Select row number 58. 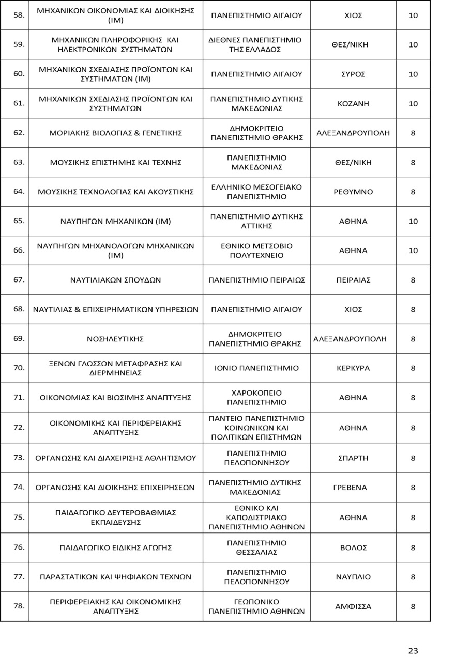(x=19, y=15)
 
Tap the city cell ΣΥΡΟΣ (x=353, y=74)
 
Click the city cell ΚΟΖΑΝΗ (x=353, y=104)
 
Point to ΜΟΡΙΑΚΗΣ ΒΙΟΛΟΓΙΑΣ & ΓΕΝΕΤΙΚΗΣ (x=115, y=133)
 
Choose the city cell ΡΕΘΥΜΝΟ (x=353, y=192)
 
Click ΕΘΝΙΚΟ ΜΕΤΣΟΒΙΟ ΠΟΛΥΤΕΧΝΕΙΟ (x=256, y=250)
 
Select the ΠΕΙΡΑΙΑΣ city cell (x=353, y=280)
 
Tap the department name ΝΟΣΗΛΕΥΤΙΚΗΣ (x=115, y=339)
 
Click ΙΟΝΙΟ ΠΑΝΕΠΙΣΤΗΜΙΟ (x=256, y=368)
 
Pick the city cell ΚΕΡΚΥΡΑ (x=353, y=368)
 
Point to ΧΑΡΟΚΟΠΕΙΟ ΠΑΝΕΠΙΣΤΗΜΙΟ (x=256, y=398)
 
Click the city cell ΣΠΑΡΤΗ (x=353, y=458)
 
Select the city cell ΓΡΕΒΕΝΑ (x=353, y=488)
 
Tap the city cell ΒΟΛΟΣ (x=353, y=547)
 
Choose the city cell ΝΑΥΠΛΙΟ (x=353, y=577)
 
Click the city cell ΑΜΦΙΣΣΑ (x=353, y=606)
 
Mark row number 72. (x=19, y=427)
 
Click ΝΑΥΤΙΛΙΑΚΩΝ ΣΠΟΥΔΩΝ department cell (x=115, y=280)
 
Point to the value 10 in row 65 (x=413, y=221)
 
